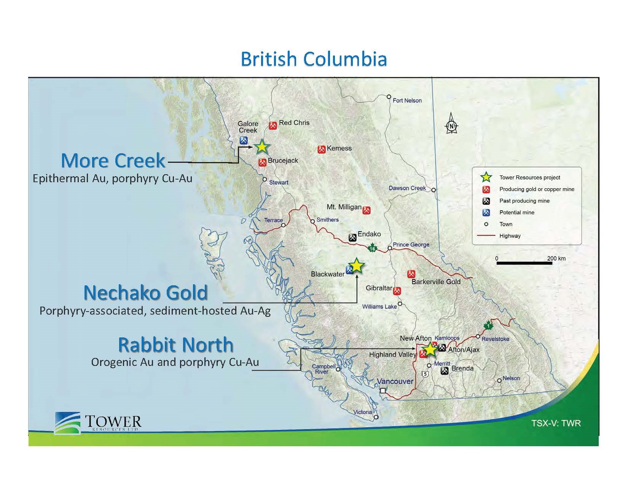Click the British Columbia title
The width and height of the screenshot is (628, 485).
point(314,59)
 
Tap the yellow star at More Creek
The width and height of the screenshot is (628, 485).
point(261,147)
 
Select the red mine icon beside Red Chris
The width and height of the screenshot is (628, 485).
point(273,126)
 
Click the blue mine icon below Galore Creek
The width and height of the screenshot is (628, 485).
point(244,140)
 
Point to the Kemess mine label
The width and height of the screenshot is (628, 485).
point(339,148)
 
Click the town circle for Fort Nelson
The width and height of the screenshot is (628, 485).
point(389,97)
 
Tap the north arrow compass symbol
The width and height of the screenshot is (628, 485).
point(451,123)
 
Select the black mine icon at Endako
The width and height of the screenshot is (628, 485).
point(352,237)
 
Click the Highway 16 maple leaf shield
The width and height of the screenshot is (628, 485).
point(373,248)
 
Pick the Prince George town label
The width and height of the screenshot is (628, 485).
point(411,245)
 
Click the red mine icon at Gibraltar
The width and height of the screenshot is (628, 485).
point(397,291)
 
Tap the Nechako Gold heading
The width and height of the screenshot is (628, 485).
point(146,293)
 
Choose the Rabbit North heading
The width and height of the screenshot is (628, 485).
point(176,345)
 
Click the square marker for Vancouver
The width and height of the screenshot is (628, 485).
point(383,391)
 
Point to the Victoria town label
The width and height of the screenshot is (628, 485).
point(362,412)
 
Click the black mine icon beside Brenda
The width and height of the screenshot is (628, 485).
point(445,371)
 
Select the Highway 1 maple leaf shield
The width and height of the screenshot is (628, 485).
point(488,326)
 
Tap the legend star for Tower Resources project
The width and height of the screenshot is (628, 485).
point(486,177)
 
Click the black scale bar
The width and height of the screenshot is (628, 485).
point(524,263)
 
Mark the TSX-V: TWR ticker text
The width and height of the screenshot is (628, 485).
point(556,423)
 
